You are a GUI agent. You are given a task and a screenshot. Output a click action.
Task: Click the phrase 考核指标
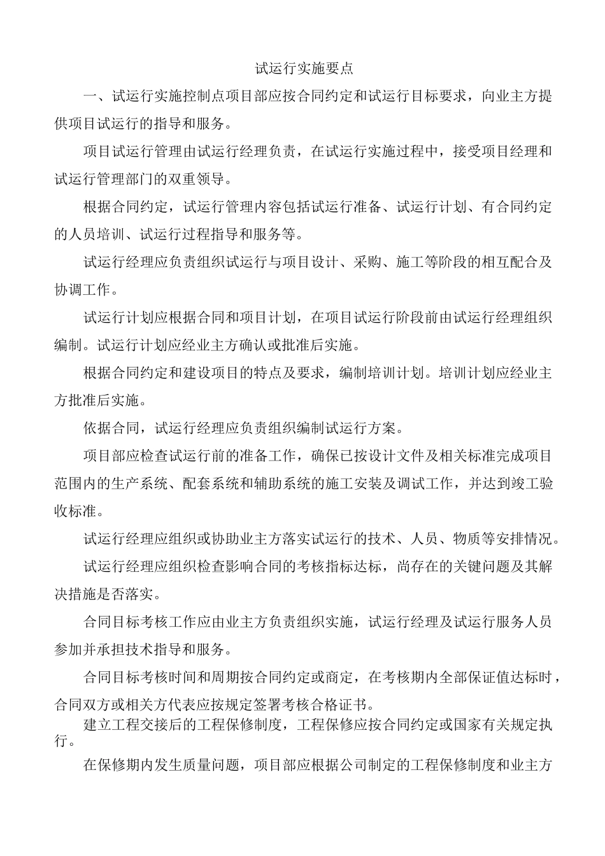[325, 567]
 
